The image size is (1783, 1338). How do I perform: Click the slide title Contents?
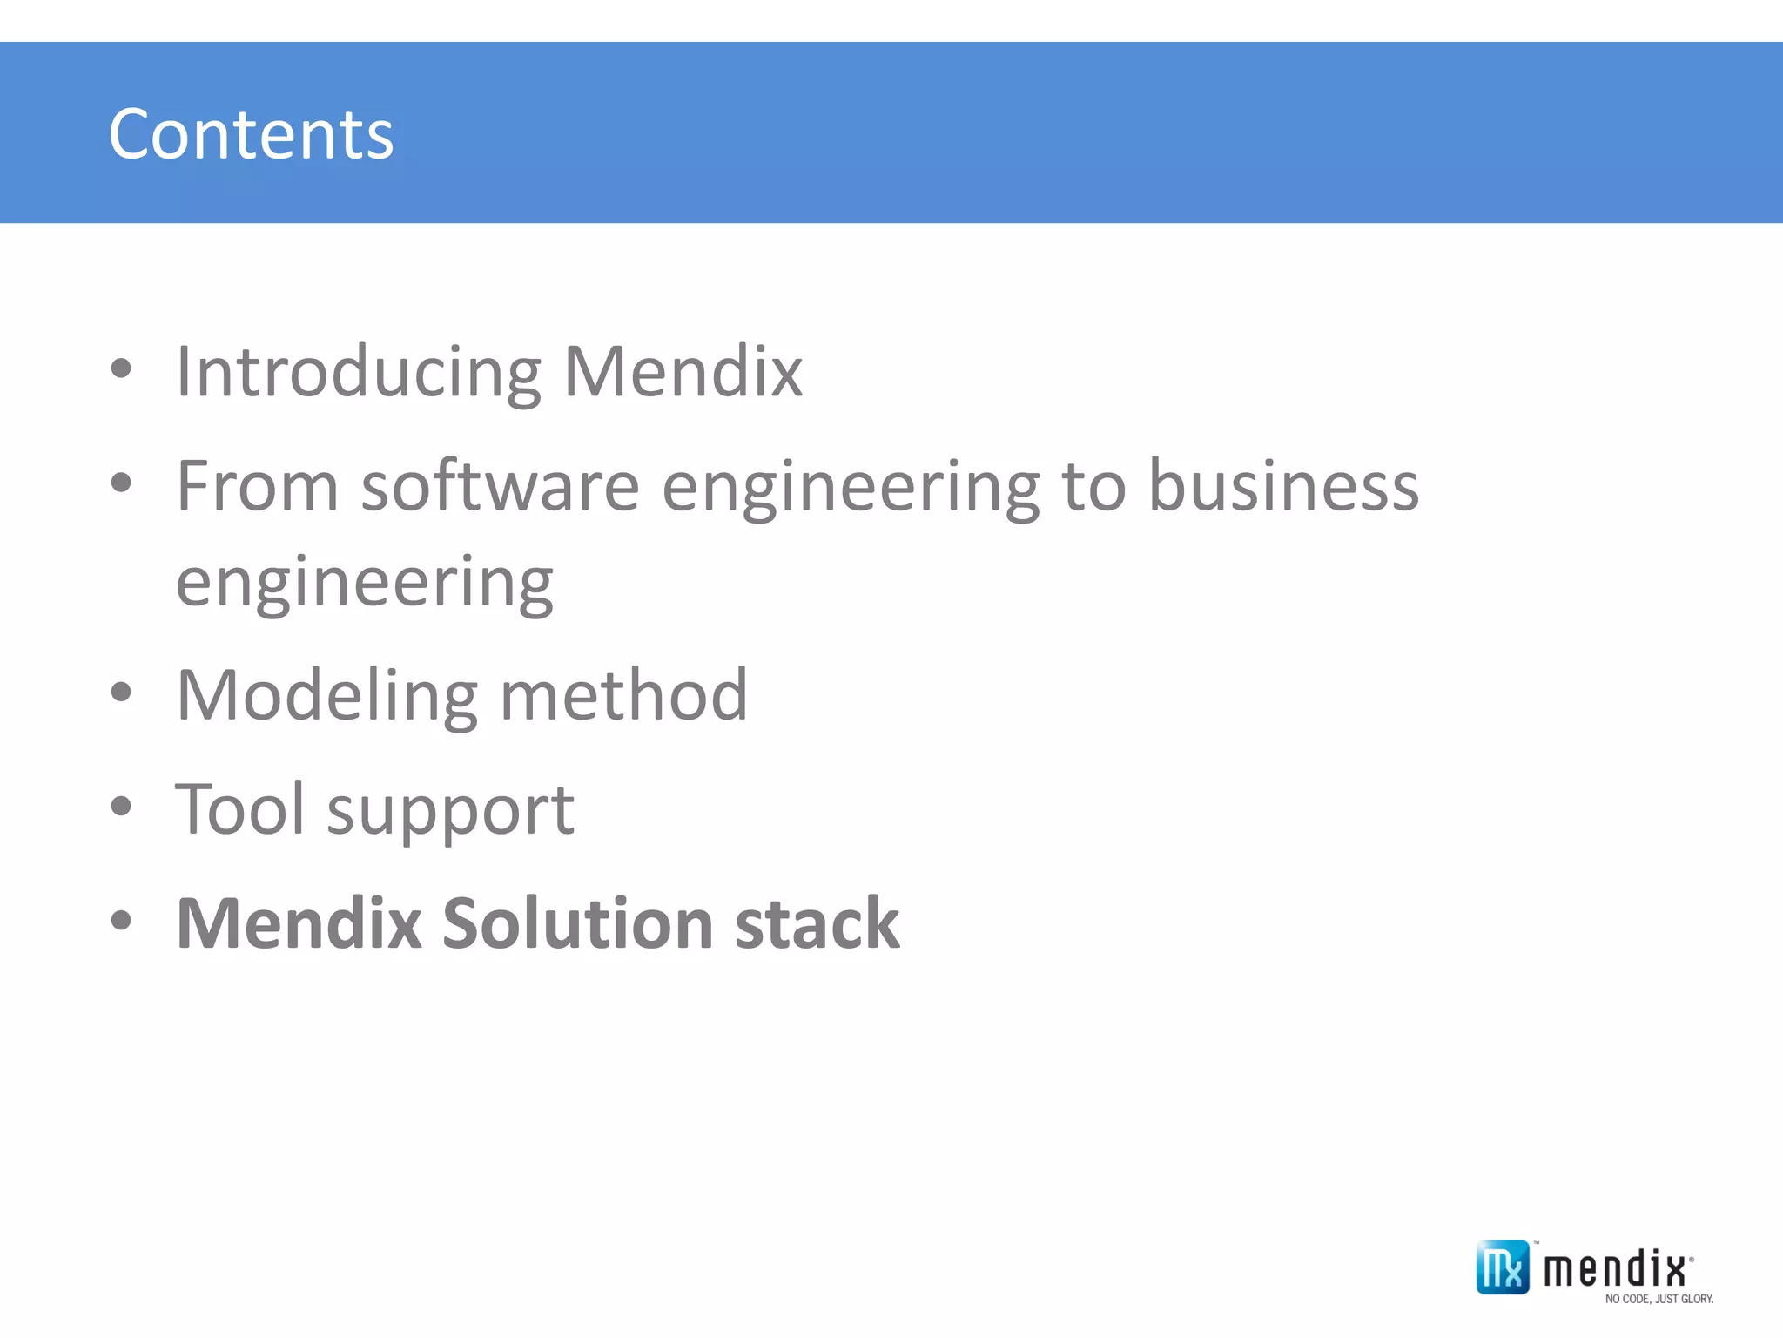click(251, 134)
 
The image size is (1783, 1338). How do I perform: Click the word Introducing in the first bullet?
click(358, 372)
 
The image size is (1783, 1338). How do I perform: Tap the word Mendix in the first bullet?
click(683, 372)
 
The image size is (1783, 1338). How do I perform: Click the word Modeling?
click(326, 696)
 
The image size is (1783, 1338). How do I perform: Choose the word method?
click(623, 696)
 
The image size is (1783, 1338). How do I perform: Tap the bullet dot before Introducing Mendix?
click(121, 368)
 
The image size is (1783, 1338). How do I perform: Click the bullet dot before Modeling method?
click(121, 693)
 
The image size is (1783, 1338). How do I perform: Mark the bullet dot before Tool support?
click(121, 807)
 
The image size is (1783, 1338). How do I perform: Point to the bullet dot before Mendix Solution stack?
click(121, 921)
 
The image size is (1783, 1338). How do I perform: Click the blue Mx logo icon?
click(1502, 1267)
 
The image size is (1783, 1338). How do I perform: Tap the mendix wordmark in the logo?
click(1615, 1268)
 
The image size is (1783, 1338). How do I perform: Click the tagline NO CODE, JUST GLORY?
click(1659, 1299)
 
